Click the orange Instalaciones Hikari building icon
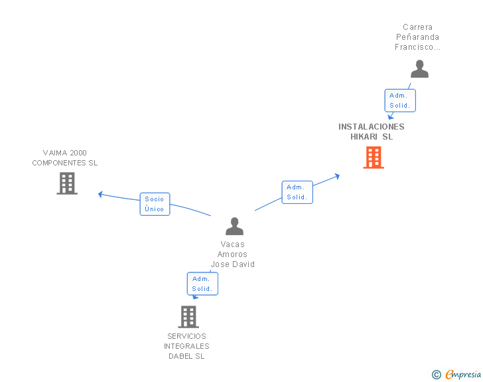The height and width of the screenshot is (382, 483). [374, 157]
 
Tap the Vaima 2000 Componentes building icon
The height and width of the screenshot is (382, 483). [67, 183]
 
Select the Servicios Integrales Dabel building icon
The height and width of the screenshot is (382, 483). [188, 316]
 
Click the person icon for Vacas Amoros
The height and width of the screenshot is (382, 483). [234, 227]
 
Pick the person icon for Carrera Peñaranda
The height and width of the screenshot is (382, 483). [419, 69]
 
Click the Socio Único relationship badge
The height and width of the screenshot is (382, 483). [155, 204]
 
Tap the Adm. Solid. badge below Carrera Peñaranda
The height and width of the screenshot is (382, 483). [400, 100]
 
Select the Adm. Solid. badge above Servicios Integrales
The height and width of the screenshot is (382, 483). [202, 284]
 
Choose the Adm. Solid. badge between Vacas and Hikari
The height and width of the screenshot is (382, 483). [297, 192]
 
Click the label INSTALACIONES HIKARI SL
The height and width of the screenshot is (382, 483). [372, 132]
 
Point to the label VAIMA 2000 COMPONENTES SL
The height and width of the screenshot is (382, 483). [65, 157]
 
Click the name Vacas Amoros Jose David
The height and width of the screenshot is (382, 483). [233, 254]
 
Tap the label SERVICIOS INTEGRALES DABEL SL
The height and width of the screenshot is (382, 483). [186, 346]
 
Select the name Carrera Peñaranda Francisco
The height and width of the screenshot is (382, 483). [418, 37]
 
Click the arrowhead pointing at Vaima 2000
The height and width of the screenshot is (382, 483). [100, 194]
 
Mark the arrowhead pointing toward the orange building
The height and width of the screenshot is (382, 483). [337, 176]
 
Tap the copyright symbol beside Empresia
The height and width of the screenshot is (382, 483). [436, 375]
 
